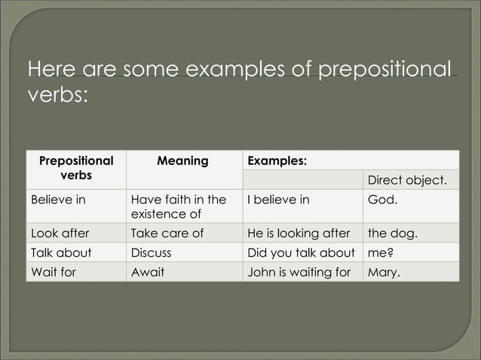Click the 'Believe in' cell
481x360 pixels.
point(57,200)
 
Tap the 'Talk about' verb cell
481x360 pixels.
point(60,253)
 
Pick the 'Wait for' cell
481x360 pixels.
point(54,272)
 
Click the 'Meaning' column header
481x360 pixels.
point(182,161)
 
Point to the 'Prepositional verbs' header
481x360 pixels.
point(75,168)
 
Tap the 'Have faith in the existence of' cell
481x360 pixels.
point(179,207)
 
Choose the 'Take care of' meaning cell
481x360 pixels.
point(167,233)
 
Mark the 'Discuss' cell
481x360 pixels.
point(151,253)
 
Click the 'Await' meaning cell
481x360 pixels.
point(148,272)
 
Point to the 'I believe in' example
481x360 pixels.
point(278,200)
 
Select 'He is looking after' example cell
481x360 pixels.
point(299,233)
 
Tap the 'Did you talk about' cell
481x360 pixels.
point(301,253)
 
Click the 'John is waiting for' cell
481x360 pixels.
point(299,272)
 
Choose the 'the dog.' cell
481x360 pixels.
point(392,233)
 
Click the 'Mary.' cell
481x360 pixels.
point(384,272)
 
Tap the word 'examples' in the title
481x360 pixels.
point(249,71)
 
